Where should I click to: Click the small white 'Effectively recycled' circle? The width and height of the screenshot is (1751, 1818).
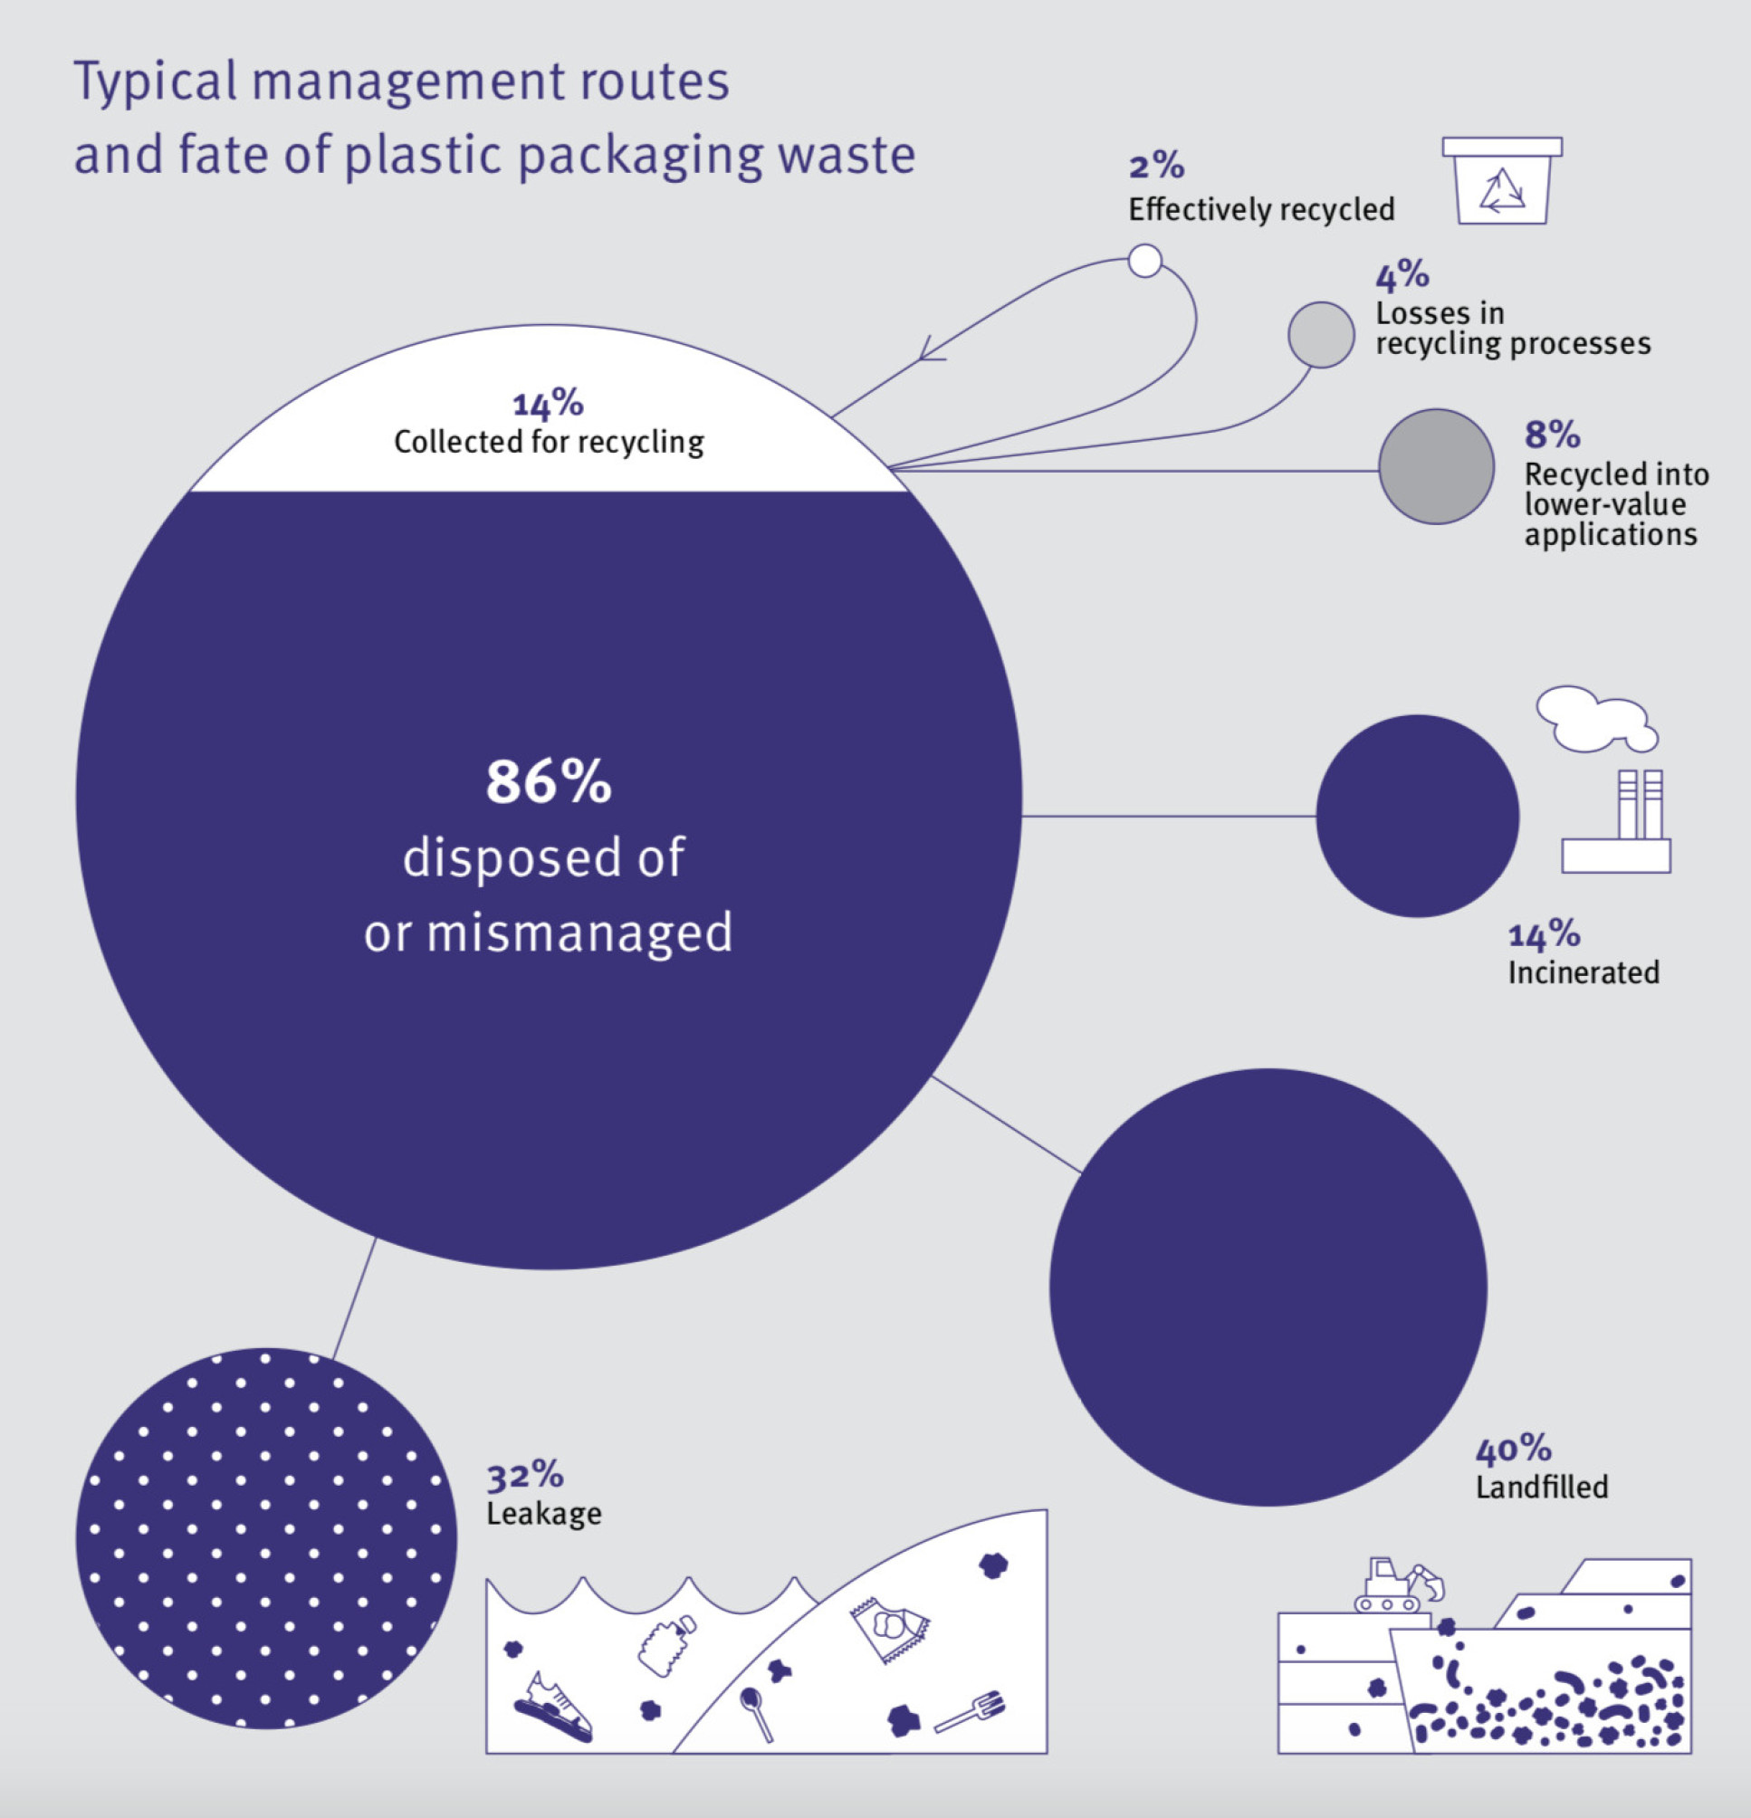(x=1144, y=261)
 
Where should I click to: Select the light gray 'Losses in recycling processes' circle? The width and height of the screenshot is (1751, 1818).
(x=1321, y=335)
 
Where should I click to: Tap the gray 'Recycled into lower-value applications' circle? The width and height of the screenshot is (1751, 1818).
(x=1436, y=466)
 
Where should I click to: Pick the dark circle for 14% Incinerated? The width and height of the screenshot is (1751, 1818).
(x=1417, y=817)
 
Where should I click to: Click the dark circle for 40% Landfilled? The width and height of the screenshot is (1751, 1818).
(x=1268, y=1287)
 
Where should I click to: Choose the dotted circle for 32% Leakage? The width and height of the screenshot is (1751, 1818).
(x=266, y=1538)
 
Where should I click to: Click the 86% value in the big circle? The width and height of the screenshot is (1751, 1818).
(x=548, y=782)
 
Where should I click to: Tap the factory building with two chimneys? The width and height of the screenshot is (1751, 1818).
(x=1616, y=826)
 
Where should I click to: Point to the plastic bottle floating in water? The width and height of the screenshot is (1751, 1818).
(x=665, y=1645)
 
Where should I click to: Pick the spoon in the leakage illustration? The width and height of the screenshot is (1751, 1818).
(x=756, y=1711)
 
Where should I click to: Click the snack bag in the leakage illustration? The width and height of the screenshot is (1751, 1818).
(x=889, y=1629)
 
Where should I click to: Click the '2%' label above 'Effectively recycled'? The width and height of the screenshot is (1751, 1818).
(x=1156, y=167)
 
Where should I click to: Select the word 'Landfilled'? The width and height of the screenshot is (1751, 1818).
(x=1541, y=1487)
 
